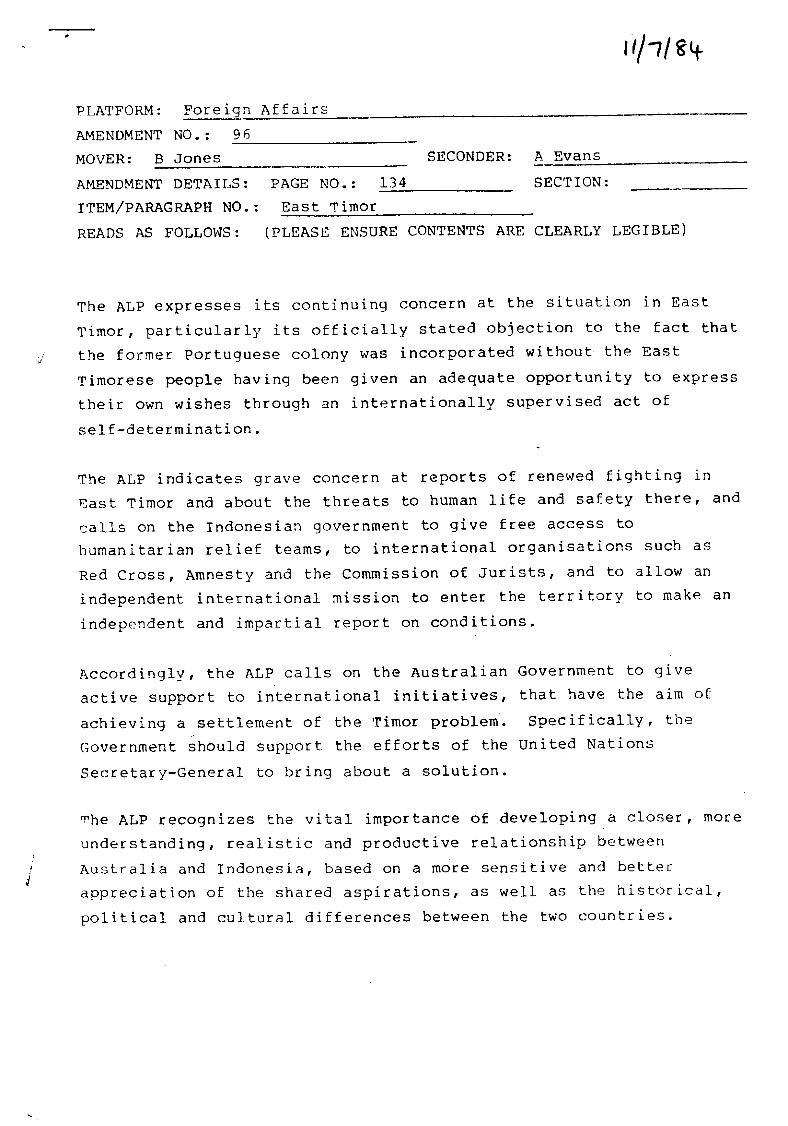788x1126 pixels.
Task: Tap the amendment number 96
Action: point(241,134)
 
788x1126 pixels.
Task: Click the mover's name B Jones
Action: point(188,158)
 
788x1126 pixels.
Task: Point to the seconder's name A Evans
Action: point(567,156)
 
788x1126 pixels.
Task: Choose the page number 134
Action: point(393,183)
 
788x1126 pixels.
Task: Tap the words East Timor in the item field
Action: point(329,207)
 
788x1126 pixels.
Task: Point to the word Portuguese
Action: point(232,354)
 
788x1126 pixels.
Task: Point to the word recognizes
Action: point(206,820)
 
